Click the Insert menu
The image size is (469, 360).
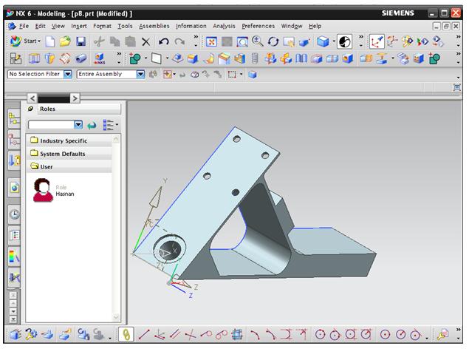[79, 26]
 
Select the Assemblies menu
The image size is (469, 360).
[154, 26]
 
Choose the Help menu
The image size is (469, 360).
[315, 26]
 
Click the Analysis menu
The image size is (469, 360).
[224, 26]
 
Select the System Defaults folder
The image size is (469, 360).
[62, 154]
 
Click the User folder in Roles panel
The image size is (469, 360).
[46, 167]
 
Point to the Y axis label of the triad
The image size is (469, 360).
[165, 180]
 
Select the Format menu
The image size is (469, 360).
[103, 26]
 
